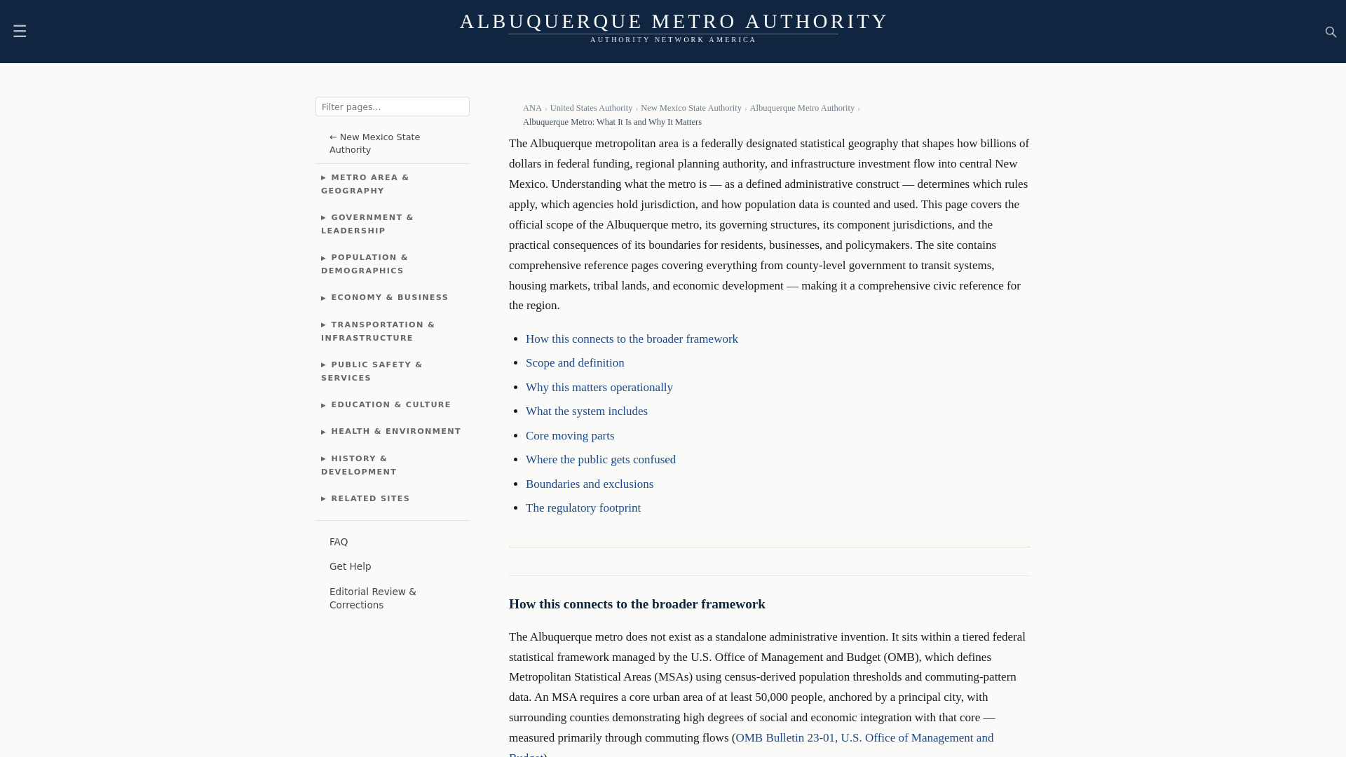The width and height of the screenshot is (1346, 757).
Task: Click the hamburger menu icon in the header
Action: coord(20,32)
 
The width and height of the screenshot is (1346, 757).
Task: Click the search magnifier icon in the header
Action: coord(1331,32)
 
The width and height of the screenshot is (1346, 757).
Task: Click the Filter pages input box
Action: coord(392,107)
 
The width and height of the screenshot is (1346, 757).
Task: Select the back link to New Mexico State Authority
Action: coord(374,144)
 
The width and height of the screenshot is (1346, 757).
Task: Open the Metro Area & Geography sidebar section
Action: coord(365,184)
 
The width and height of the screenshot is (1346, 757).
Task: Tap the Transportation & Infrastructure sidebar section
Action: coord(378,332)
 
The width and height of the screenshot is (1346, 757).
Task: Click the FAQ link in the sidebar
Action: coord(339,542)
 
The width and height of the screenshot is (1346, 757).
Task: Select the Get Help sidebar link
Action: coord(350,566)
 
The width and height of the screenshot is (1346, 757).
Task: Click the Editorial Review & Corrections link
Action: coord(372,599)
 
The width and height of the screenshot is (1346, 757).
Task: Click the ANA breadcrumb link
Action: coord(531,108)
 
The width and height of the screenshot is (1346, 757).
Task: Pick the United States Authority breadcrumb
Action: coord(591,108)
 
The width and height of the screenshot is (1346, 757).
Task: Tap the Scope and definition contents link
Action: coord(575,363)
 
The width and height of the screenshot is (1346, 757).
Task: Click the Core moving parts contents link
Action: coord(570,436)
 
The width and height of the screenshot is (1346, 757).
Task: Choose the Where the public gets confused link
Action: coord(601,460)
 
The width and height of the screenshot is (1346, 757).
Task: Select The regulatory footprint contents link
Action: coord(583,508)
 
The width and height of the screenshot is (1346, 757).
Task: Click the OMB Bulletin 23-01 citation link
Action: coord(864,738)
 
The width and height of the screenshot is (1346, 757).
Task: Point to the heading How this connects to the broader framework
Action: coord(637,604)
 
